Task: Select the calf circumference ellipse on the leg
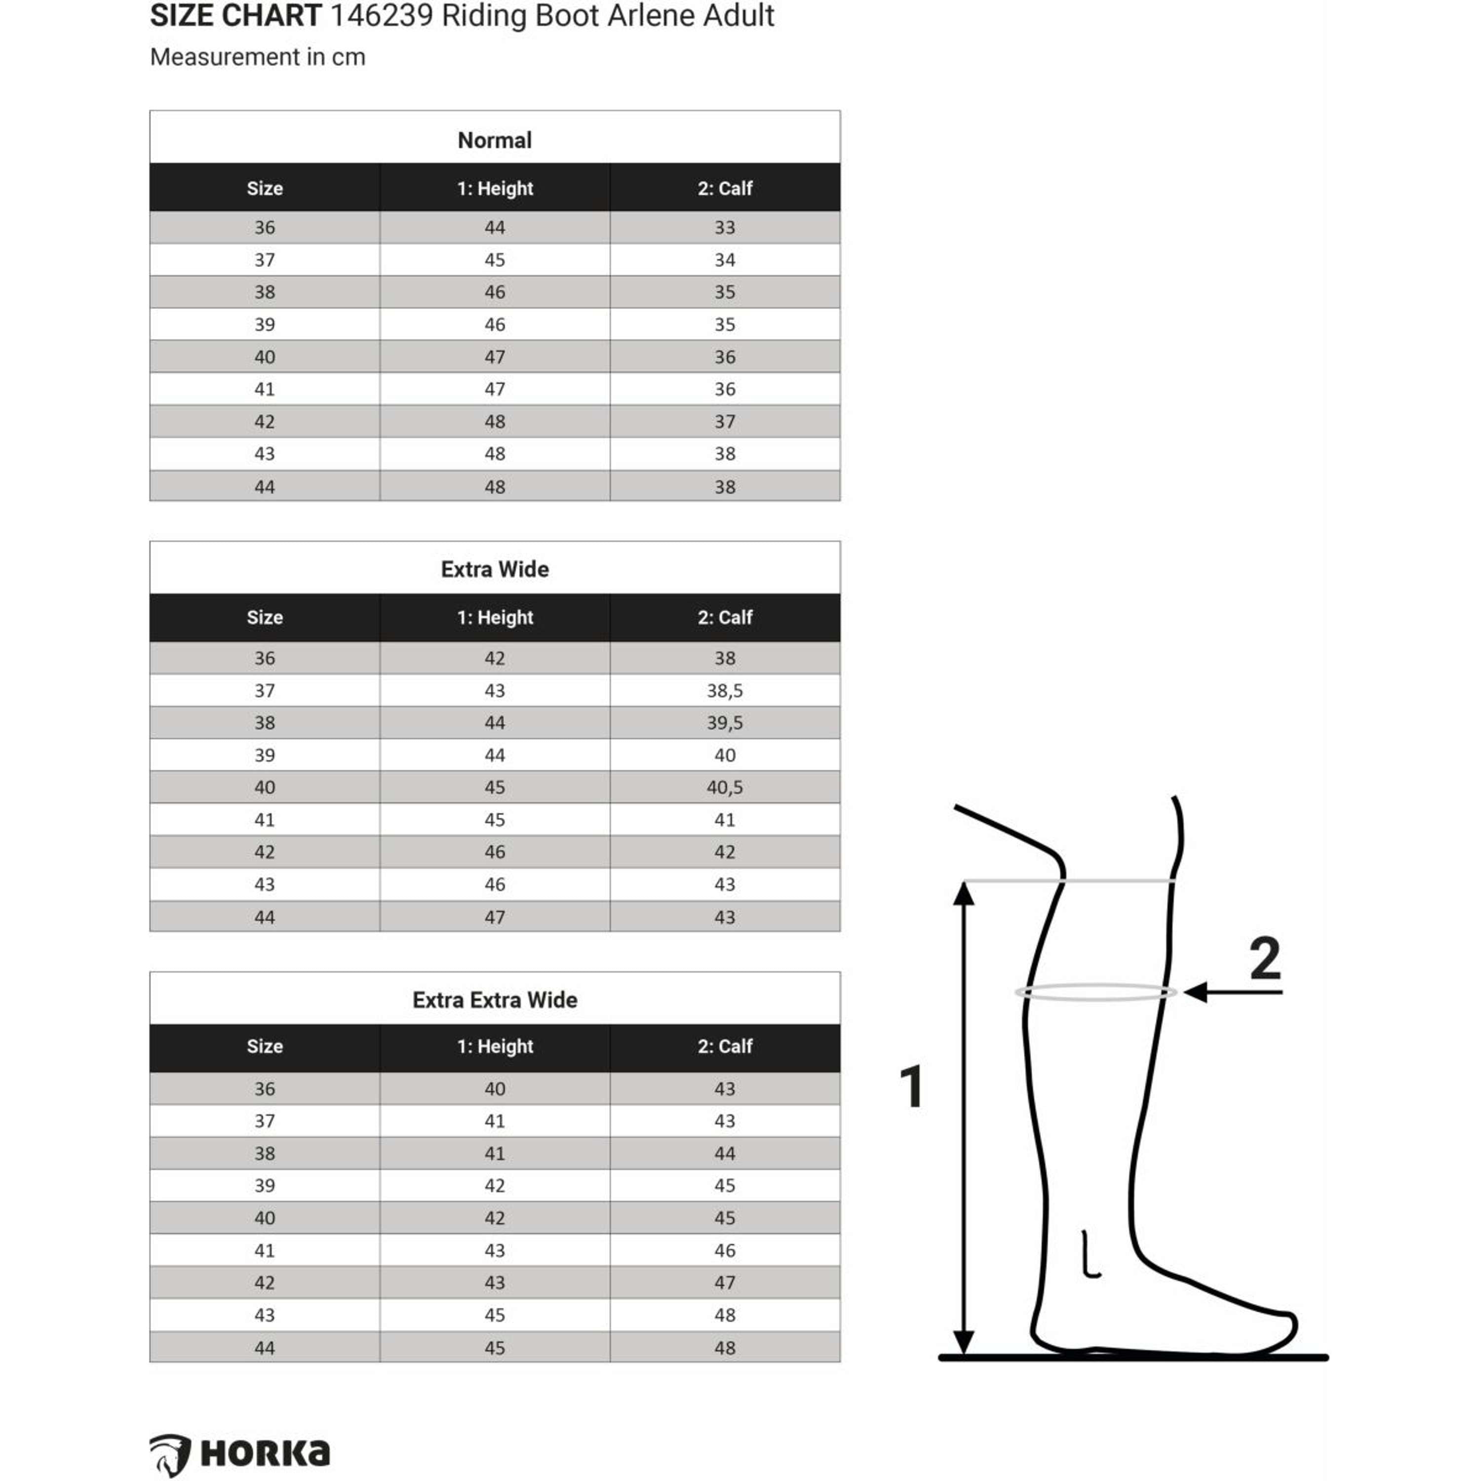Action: pos(1095,993)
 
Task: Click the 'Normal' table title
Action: pos(495,140)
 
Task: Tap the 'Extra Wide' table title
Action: pos(495,570)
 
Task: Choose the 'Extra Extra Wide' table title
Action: pos(495,1000)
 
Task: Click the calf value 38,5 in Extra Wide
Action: pos(724,691)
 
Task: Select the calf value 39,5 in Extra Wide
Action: pos(724,723)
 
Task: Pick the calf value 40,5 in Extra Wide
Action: pos(724,787)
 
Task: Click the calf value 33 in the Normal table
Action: pos(724,228)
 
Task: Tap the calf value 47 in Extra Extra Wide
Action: pos(724,1283)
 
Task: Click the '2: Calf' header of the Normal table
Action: pos(724,189)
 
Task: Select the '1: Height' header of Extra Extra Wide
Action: pos(495,1047)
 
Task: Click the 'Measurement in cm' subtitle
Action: pos(258,57)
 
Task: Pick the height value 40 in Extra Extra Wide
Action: pos(495,1089)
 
